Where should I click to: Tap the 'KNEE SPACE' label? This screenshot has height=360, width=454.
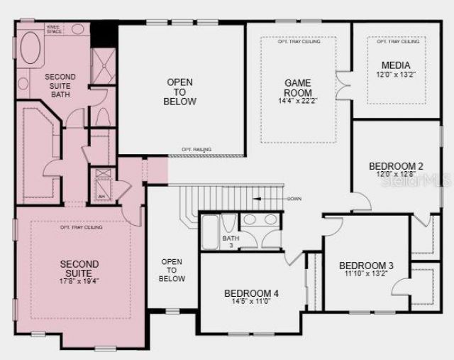pos(53,28)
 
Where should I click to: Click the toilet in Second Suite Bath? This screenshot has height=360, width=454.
pos(101,116)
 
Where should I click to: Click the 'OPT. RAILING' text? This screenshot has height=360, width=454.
pos(196,149)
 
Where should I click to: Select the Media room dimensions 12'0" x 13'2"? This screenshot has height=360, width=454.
pos(395,76)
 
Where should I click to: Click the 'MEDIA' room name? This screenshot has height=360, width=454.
pos(395,66)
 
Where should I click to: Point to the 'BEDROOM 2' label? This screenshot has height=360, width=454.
pos(396,166)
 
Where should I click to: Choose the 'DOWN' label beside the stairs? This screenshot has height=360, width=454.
pos(294,199)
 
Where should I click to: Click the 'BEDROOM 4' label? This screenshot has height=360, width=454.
pos(251,293)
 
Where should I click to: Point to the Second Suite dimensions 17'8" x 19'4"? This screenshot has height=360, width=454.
pos(79,280)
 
